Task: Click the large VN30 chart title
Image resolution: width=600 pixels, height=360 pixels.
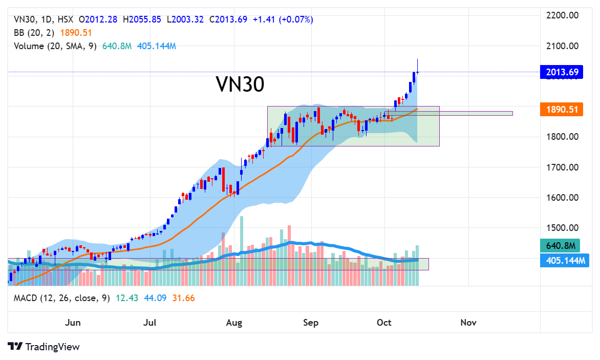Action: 240,84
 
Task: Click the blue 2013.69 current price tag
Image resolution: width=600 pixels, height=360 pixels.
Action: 562,72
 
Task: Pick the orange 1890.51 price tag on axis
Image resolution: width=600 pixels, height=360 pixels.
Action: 562,110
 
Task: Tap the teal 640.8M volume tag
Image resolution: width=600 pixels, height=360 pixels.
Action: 562,246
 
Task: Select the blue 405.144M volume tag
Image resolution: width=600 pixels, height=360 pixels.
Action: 562,261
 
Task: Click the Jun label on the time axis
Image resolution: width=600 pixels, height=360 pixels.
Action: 73,323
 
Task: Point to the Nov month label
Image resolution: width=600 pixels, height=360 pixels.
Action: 468,323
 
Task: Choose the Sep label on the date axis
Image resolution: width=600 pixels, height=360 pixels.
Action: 311,323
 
